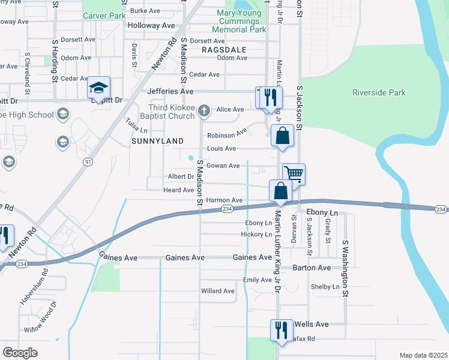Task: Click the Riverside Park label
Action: point(379,92)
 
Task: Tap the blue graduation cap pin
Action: point(98,88)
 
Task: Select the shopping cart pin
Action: point(294,174)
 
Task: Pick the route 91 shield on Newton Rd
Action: point(88,162)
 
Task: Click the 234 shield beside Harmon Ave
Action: point(226,208)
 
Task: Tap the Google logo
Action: point(20,352)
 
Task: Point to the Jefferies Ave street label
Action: point(170,91)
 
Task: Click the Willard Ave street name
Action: point(218,291)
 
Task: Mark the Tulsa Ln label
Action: point(136,126)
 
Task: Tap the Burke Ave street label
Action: point(145,11)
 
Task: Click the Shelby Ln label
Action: point(325,287)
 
